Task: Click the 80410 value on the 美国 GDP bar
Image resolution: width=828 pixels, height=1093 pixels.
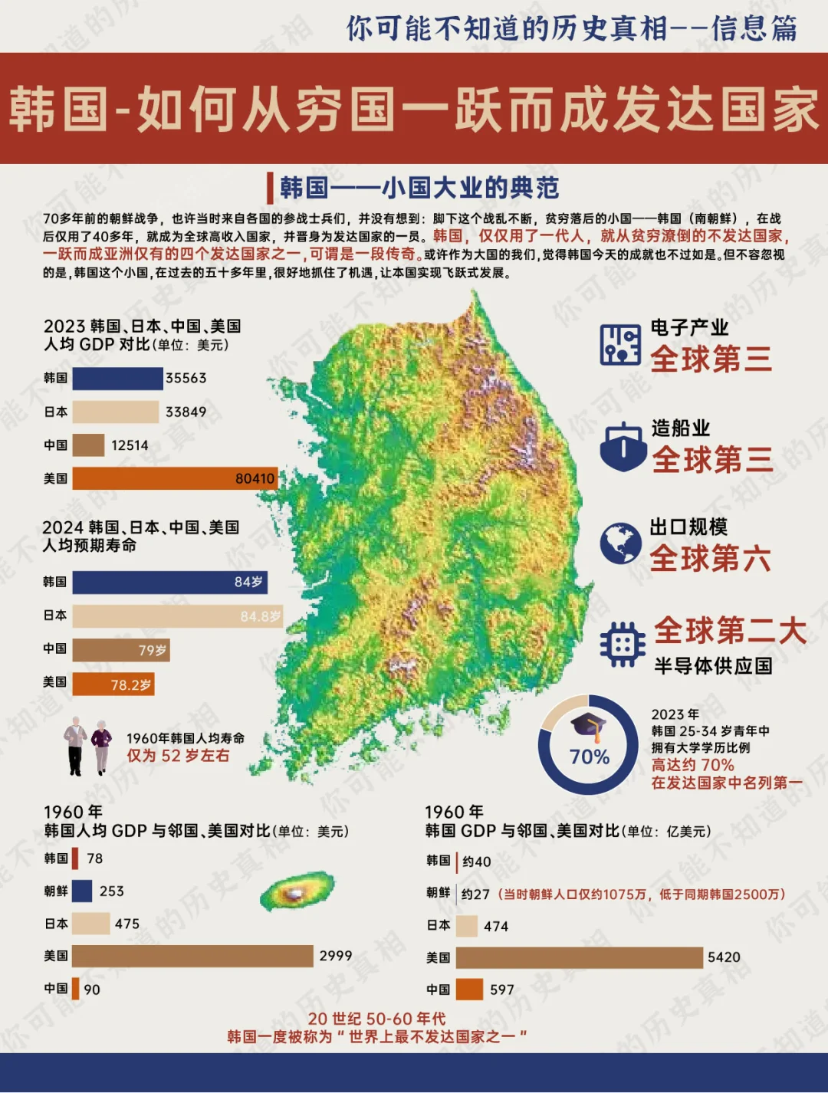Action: click(x=255, y=478)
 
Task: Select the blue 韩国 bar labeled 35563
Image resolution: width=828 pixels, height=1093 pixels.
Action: click(x=117, y=378)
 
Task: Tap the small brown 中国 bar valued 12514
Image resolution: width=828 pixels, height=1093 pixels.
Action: click(x=88, y=445)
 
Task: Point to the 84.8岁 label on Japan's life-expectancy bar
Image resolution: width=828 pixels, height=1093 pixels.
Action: click(x=260, y=616)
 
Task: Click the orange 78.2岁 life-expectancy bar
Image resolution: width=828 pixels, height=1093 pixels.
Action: click(x=113, y=684)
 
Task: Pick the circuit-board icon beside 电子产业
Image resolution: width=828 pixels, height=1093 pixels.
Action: click(x=620, y=344)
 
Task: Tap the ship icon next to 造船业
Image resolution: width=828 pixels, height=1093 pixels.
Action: click(x=623, y=447)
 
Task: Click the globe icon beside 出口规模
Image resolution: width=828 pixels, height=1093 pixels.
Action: click(x=620, y=543)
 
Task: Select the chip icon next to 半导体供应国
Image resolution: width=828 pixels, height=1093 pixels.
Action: click(x=622, y=644)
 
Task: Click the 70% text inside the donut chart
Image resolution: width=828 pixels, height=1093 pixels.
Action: click(x=589, y=757)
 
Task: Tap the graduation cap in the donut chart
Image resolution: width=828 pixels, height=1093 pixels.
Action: click(x=588, y=726)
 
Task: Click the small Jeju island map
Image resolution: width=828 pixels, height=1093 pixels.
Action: click(x=297, y=891)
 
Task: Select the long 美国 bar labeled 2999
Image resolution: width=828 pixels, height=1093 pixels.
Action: click(x=192, y=956)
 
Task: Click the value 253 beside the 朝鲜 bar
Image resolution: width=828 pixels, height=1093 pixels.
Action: click(x=111, y=891)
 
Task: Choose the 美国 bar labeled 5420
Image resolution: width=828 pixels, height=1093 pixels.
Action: click(x=579, y=957)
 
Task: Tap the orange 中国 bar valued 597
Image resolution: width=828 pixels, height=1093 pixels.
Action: click(x=469, y=990)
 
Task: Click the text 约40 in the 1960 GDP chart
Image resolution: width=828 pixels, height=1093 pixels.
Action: click(x=476, y=862)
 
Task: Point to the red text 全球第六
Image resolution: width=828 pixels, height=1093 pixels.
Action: click(x=710, y=559)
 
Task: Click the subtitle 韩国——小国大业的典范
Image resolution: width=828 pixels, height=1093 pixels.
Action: click(x=419, y=188)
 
